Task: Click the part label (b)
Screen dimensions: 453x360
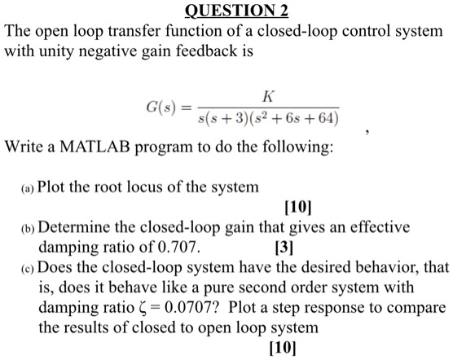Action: coord(25,227)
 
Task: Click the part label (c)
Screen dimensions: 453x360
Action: coord(25,268)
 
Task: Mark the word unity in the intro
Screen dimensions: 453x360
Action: coord(61,53)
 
